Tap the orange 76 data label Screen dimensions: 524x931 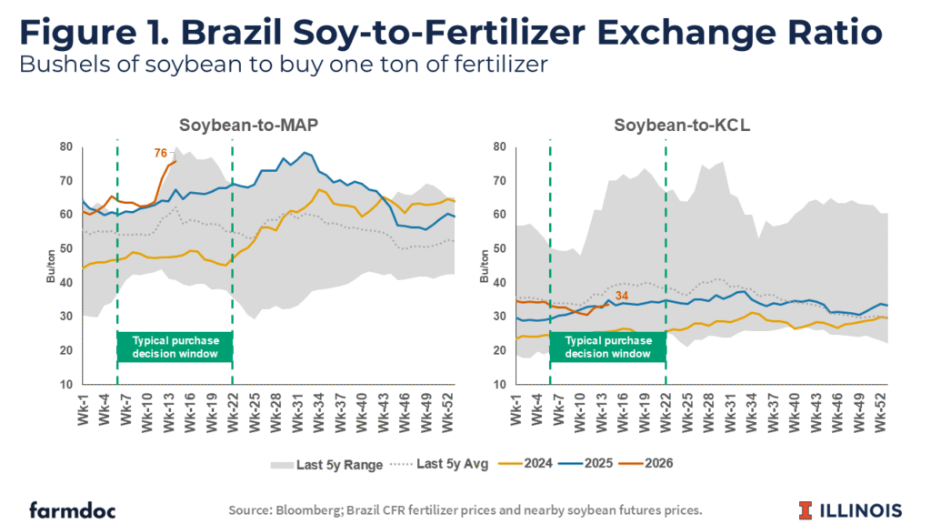159,154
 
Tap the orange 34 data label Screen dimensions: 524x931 621,295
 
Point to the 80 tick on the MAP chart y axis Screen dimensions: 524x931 66,146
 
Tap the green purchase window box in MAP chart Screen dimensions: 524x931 175,347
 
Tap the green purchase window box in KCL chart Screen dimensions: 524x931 608,347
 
